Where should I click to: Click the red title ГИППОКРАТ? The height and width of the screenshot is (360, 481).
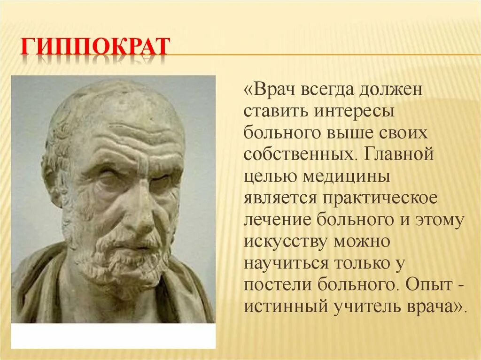click(94, 47)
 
